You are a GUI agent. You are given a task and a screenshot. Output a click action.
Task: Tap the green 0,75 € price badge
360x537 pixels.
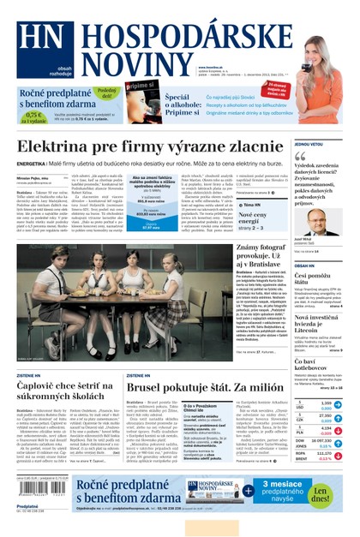click(32, 116)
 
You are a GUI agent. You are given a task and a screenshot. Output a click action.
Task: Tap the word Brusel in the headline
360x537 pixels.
click(153, 386)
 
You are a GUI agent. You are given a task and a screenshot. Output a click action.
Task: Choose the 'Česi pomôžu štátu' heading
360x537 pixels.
click(312, 277)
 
